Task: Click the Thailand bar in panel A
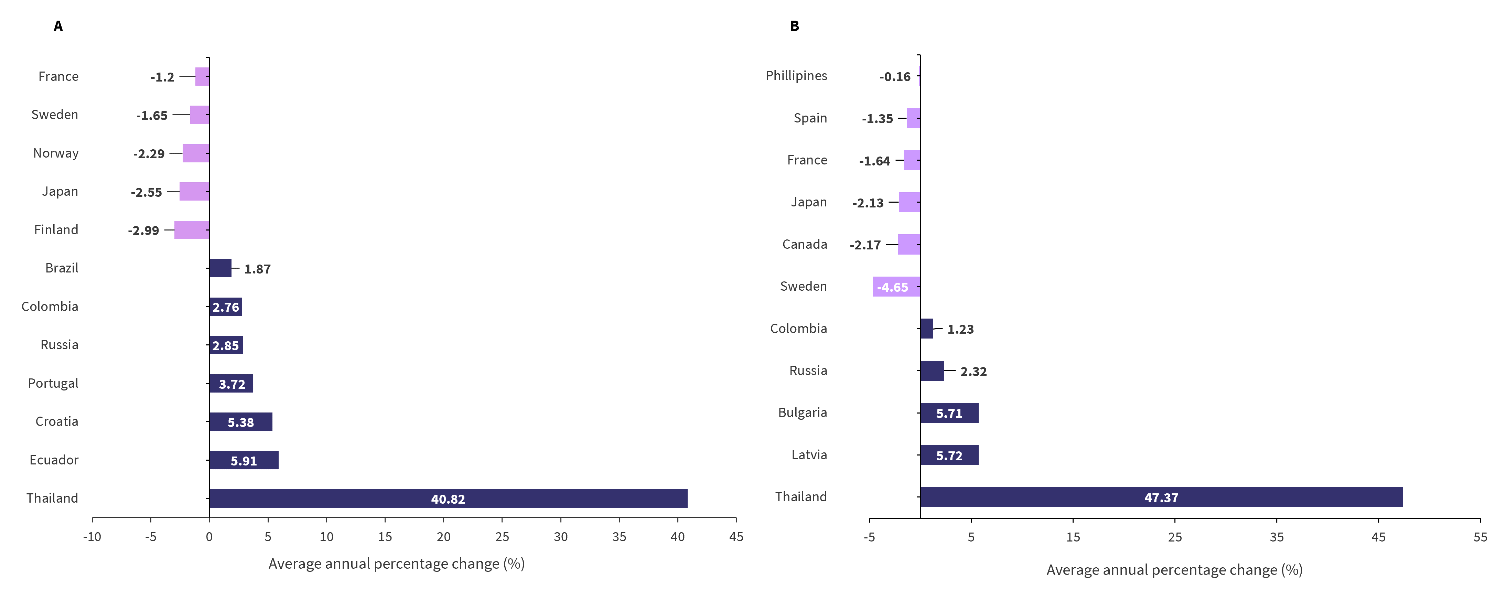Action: [x=448, y=498]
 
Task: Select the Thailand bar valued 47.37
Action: [x=1161, y=497]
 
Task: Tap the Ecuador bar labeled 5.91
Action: [x=244, y=460]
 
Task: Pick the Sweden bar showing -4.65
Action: [x=896, y=287]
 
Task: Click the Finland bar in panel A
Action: [x=191, y=230]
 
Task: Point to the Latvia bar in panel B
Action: [x=949, y=455]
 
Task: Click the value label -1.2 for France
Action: [x=162, y=77]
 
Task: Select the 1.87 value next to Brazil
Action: [x=257, y=269]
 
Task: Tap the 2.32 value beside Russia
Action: [x=973, y=371]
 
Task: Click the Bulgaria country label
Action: [x=802, y=413]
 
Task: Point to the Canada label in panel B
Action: [x=805, y=244]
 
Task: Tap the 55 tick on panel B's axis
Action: [x=1480, y=537]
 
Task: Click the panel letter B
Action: [x=794, y=26]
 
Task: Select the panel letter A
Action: [x=58, y=26]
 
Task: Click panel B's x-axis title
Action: [x=1174, y=570]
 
